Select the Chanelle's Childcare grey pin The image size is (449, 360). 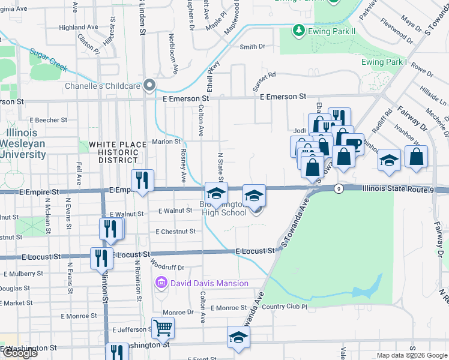[150, 85]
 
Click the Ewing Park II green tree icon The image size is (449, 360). [298, 29]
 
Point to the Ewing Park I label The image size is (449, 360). [384, 62]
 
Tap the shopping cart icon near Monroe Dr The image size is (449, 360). [163, 328]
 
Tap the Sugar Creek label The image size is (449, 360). [49, 59]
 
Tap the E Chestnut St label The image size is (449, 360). [175, 231]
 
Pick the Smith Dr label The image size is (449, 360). [252, 47]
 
